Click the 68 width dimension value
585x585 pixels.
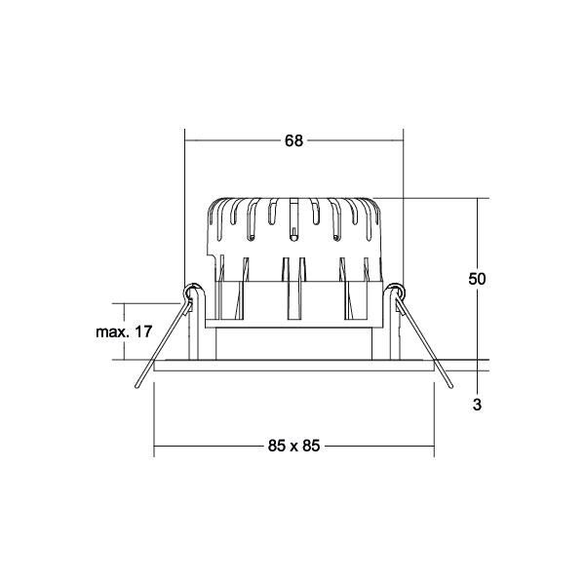pos(293,140)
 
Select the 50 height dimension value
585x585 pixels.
pos(477,279)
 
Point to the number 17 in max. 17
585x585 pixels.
pos(143,332)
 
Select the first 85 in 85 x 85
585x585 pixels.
pos(277,447)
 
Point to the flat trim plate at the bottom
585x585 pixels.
pos(293,366)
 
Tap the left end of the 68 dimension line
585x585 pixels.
pos(186,140)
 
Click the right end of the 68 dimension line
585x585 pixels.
pos(403,140)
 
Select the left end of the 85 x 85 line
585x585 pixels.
pos(156,447)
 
